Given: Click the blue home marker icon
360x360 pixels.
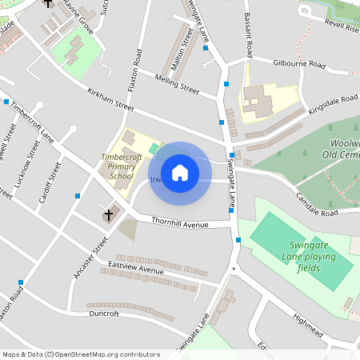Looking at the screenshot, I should [x=180, y=172].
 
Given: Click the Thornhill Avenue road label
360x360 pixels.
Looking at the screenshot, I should [x=174, y=222].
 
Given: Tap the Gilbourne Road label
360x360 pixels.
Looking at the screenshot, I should [x=299, y=62].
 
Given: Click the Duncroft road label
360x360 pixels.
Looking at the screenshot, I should [x=104, y=314].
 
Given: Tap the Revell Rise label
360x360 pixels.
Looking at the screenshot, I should [x=342, y=26].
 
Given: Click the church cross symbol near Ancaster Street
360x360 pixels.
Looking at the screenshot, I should [x=110, y=214].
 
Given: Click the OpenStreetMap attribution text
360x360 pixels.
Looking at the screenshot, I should [x=81, y=354].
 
